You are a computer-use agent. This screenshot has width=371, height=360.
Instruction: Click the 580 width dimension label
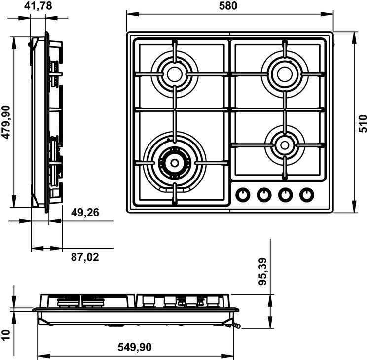point(228,6)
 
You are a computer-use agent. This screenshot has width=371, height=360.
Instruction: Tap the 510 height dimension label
point(363,123)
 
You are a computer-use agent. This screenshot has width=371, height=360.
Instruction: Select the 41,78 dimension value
point(38,6)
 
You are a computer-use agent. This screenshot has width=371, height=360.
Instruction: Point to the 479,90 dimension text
point(6,122)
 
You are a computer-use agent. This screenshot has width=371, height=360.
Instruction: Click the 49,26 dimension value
point(85,213)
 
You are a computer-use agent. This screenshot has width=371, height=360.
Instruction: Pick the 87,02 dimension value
point(85,257)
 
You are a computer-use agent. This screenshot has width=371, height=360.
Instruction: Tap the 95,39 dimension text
point(262,271)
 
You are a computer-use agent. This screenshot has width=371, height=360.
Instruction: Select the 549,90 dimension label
point(135,347)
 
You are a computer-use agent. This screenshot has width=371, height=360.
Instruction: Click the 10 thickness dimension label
point(6,335)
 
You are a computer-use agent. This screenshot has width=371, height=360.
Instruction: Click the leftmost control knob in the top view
point(243,195)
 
